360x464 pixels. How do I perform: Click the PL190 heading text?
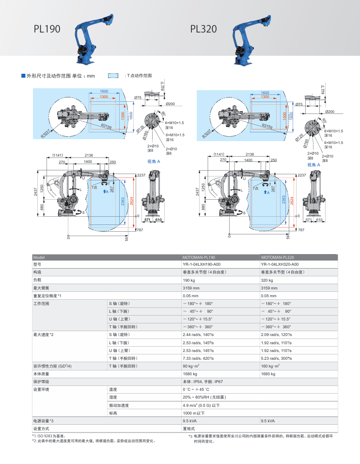pyautogui.click(x=47, y=29)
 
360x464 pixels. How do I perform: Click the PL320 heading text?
pyautogui.click(x=203, y=29)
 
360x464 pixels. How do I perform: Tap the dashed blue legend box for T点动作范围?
pyautogui.click(x=113, y=76)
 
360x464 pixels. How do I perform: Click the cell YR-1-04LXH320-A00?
pyautogui.click(x=280, y=265)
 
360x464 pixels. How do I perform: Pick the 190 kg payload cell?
pyautogui.click(x=189, y=280)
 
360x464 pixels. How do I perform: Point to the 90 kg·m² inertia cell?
pyautogui.click(x=192, y=366)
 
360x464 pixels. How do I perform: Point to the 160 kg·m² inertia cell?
pyautogui.click(x=271, y=366)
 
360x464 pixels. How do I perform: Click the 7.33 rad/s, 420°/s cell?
pyautogui.click(x=199, y=358)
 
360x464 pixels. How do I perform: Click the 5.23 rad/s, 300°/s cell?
pyautogui.click(x=278, y=358)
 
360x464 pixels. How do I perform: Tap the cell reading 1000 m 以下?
pyautogui.click(x=194, y=413)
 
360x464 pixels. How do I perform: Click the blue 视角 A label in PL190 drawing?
pyautogui.click(x=154, y=161)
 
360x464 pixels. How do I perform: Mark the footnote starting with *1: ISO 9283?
pyautogui.click(x=49, y=436)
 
